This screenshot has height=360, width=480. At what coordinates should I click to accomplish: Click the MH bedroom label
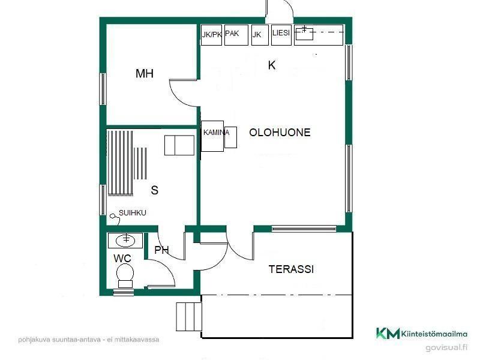click(x=145, y=73)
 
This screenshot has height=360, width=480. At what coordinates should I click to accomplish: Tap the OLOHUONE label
click(x=280, y=132)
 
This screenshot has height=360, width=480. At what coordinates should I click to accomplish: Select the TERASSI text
click(x=291, y=269)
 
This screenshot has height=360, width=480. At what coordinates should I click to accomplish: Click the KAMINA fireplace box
click(x=212, y=136)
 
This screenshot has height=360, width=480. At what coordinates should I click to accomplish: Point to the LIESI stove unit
click(x=281, y=35)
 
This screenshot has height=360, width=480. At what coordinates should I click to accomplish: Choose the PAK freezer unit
click(x=236, y=35)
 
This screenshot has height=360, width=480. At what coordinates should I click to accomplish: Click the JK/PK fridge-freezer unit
click(x=211, y=35)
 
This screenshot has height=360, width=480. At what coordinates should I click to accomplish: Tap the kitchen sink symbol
click(x=305, y=34)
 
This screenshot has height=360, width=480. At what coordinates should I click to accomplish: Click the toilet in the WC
click(x=125, y=276)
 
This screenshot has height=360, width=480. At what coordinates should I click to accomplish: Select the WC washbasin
click(x=125, y=241)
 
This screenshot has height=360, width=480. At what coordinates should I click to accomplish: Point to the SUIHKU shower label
click(x=132, y=213)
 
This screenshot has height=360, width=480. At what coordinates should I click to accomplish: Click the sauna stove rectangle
click(x=179, y=145)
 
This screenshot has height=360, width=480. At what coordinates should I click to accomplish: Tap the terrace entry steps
click(x=188, y=317)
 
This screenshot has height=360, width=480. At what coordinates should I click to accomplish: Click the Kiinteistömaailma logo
click(x=422, y=334)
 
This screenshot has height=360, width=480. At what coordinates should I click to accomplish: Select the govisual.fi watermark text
click(x=446, y=347)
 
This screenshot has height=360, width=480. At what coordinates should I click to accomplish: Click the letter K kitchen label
click(x=272, y=65)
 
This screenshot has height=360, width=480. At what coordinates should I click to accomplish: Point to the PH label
click(x=161, y=250)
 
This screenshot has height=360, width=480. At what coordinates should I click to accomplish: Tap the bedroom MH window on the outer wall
click(x=103, y=89)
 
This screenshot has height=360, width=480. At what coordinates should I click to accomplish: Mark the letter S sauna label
click(x=155, y=190)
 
